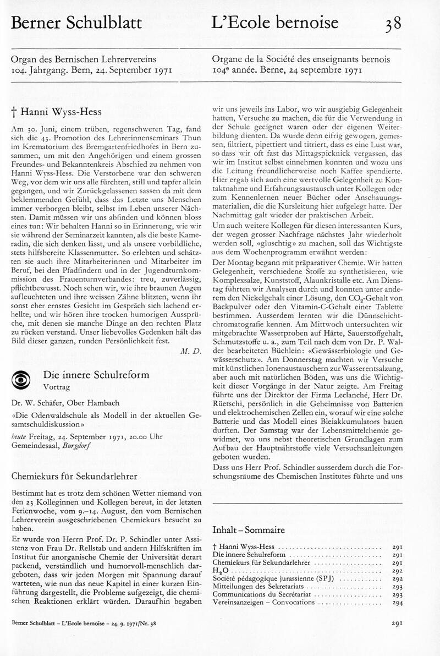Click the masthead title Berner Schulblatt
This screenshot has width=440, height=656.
tap(76, 23)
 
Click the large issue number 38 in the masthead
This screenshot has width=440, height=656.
tap(393, 24)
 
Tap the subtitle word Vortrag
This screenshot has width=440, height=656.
tap(58, 387)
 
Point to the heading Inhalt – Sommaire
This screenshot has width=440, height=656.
tap(249, 530)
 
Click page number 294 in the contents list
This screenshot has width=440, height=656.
tap(398, 602)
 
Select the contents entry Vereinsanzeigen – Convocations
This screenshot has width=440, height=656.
tap(263, 602)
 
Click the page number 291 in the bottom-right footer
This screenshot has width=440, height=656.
tap(398, 624)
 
